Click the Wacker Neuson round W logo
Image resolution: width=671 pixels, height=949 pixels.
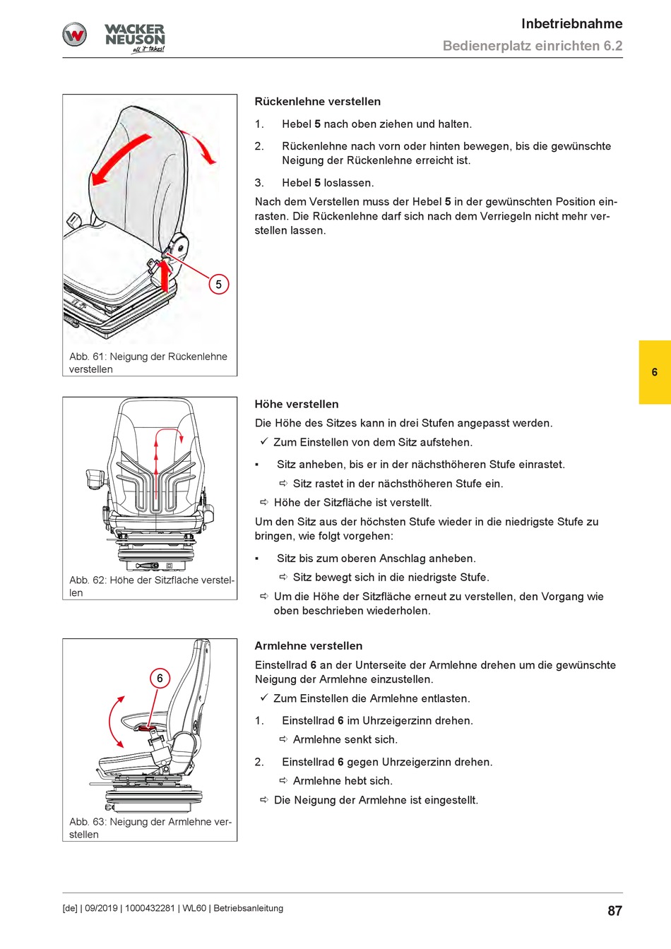(75, 35)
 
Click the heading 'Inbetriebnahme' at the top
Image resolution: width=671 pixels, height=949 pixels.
(571, 24)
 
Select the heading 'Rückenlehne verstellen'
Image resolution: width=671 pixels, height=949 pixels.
(317, 102)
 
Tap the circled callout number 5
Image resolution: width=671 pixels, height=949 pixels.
(219, 285)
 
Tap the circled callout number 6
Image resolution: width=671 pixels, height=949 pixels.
(160, 679)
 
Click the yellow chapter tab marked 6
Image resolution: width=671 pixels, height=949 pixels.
(655, 372)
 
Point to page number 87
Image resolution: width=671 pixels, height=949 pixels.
(614, 911)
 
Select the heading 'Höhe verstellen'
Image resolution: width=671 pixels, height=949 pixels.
(297, 405)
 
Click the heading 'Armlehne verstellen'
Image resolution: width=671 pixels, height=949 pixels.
(308, 646)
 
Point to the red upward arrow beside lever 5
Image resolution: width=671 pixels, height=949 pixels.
(165, 275)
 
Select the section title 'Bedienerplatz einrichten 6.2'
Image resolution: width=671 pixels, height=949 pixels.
(532, 47)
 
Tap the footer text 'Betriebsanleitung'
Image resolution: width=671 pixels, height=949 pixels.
(248, 909)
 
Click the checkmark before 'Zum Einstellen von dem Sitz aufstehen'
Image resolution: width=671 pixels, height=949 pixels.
(263, 442)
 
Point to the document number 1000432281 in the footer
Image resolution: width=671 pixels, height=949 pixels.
(150, 909)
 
